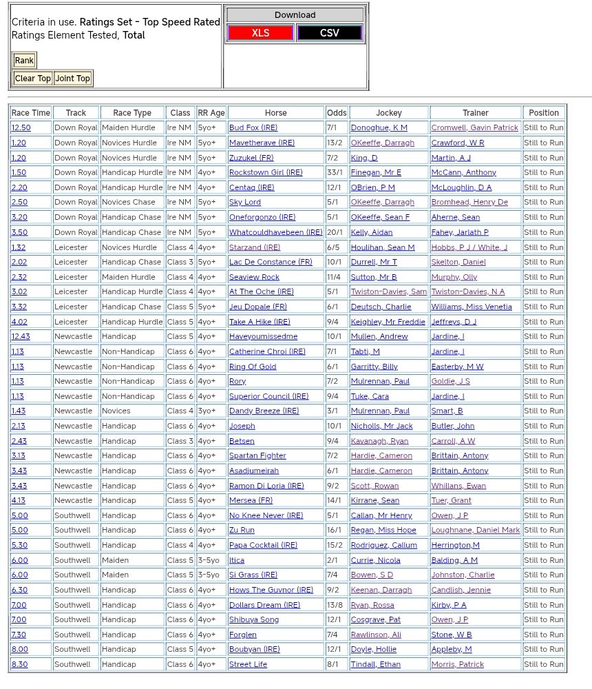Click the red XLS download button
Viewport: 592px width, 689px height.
point(260,33)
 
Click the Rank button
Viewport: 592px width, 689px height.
point(24,61)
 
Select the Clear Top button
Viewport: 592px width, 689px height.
point(32,79)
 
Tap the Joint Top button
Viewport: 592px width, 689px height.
point(73,79)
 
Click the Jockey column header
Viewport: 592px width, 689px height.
point(389,113)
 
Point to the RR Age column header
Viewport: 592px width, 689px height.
point(211,113)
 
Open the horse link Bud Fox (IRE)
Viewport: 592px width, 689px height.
point(253,128)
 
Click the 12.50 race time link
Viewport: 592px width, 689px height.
point(21,128)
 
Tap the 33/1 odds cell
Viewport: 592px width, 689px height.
point(336,173)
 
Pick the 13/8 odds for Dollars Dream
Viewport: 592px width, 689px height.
point(337,605)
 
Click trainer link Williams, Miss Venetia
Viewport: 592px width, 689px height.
point(472,307)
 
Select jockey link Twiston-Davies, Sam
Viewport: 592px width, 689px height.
point(388,292)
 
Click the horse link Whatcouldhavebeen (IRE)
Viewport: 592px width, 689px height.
point(275,233)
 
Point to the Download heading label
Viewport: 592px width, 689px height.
point(295,15)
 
